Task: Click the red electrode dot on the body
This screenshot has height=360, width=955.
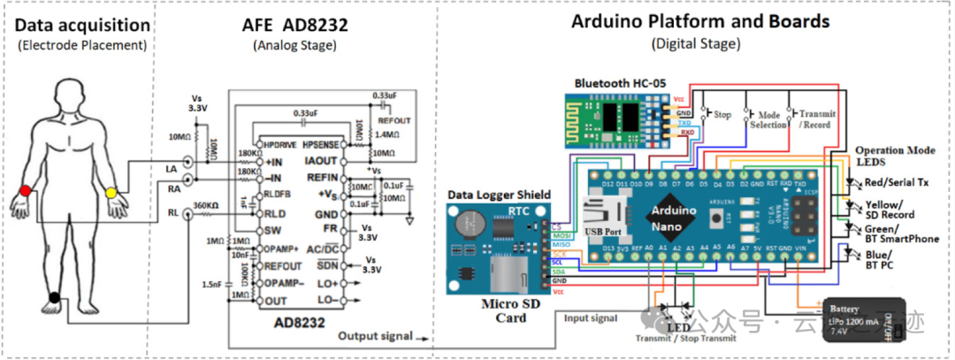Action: click(x=26, y=191)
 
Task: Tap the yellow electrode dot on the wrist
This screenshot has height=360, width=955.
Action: click(x=111, y=192)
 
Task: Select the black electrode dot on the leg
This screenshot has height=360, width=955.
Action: click(x=54, y=298)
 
